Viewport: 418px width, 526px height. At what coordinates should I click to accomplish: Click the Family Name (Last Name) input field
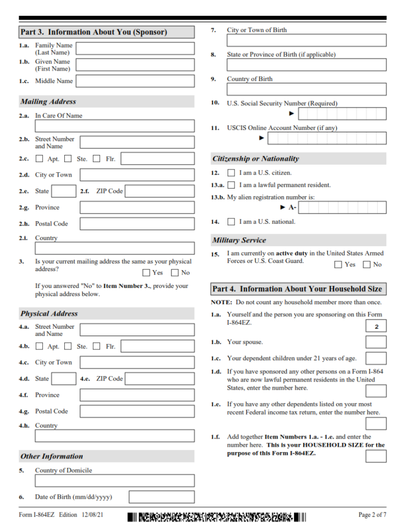tap(135, 49)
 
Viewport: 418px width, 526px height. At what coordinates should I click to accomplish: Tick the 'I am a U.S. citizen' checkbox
tap(231, 173)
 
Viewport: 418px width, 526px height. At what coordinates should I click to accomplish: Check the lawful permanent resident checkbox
tap(231, 185)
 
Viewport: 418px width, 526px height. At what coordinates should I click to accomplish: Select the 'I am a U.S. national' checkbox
tap(231, 222)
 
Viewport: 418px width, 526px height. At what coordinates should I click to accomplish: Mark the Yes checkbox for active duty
tap(338, 265)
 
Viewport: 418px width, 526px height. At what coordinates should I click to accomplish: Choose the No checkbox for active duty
tap(366, 265)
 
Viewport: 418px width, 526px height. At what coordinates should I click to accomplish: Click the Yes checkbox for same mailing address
tap(146, 273)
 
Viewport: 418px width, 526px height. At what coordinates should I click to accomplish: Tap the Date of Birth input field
tap(161, 497)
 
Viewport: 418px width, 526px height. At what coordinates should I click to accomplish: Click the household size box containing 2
tap(376, 327)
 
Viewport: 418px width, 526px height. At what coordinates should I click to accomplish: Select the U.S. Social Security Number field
tap(342, 114)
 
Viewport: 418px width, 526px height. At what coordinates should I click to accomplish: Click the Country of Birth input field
tap(306, 89)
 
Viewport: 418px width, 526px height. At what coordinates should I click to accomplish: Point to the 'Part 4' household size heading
tap(298, 289)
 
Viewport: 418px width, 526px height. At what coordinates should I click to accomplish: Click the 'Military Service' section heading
tap(239, 240)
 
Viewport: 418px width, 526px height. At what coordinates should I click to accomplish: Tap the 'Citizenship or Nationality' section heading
tap(256, 159)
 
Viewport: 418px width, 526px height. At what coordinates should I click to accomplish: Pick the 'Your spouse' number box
tap(376, 342)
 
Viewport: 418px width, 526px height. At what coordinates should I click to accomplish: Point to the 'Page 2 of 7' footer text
tap(372, 515)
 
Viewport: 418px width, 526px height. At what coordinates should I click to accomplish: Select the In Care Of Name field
tap(114, 126)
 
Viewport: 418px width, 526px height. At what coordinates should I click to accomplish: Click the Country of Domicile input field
tap(114, 481)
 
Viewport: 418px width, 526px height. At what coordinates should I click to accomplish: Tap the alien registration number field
tap(342, 208)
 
